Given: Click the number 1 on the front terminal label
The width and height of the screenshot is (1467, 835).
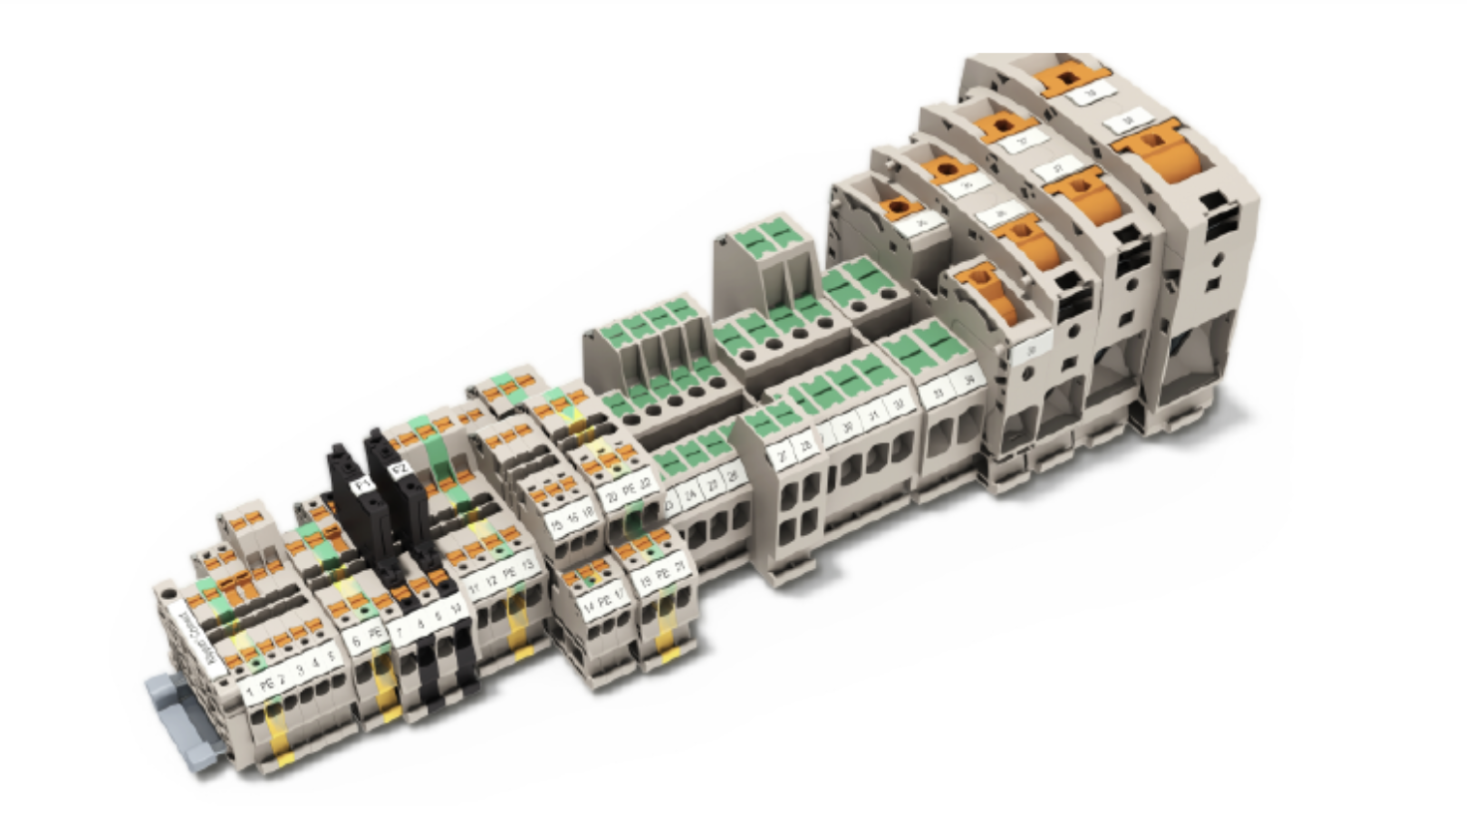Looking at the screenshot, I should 249,689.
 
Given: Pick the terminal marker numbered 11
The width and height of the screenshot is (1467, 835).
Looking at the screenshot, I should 473,588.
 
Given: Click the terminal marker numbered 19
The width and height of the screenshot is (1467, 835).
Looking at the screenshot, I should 646,580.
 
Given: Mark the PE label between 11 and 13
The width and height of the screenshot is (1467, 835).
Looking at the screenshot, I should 509,574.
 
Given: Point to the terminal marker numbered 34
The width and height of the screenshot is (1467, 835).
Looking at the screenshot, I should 966,380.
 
